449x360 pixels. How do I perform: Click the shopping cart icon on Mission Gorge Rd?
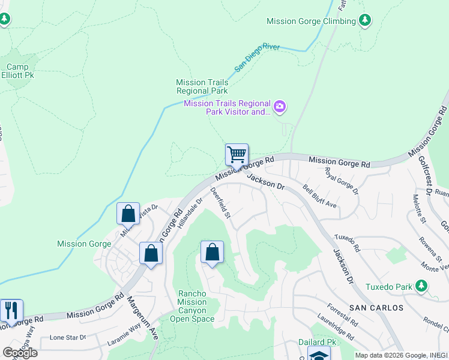coord(237,154)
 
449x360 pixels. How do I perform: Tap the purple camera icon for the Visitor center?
coord(279,107)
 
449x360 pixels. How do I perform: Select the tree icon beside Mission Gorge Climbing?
coord(365,21)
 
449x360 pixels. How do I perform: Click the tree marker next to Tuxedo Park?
coord(423,286)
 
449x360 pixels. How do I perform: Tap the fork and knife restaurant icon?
coord(11,310)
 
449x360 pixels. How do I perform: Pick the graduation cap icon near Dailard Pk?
coord(319,355)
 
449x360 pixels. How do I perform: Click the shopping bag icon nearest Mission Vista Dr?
coord(128,214)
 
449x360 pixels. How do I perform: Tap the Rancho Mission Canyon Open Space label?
coord(196,306)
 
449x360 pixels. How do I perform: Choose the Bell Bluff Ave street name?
coord(319,196)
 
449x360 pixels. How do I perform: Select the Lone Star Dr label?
coord(67,337)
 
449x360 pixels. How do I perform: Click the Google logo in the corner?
coord(20,353)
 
